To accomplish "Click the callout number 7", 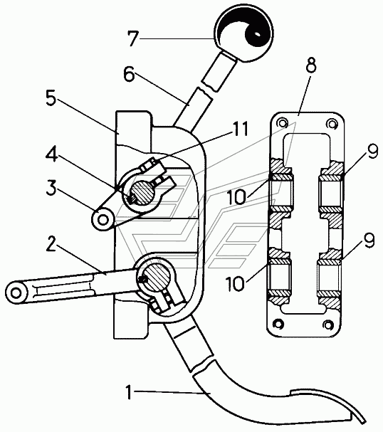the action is tap(133, 38).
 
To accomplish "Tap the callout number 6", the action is tap(129, 75).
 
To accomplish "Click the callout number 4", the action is tap(51, 155).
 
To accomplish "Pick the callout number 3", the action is tap(51, 188).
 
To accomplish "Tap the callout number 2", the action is tap(51, 243).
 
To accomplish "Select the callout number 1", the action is tap(128, 391).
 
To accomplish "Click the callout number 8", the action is tap(311, 66).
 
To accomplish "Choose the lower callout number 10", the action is tap(235, 284).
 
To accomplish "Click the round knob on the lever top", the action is tap(243, 33).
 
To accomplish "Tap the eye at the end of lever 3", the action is tap(103, 219).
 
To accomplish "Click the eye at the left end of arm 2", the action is tap(16, 293).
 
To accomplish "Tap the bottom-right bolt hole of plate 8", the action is tap(327, 325).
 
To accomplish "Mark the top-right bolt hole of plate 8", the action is tap(330, 124).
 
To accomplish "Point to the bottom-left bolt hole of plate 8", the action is tap(279, 323).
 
